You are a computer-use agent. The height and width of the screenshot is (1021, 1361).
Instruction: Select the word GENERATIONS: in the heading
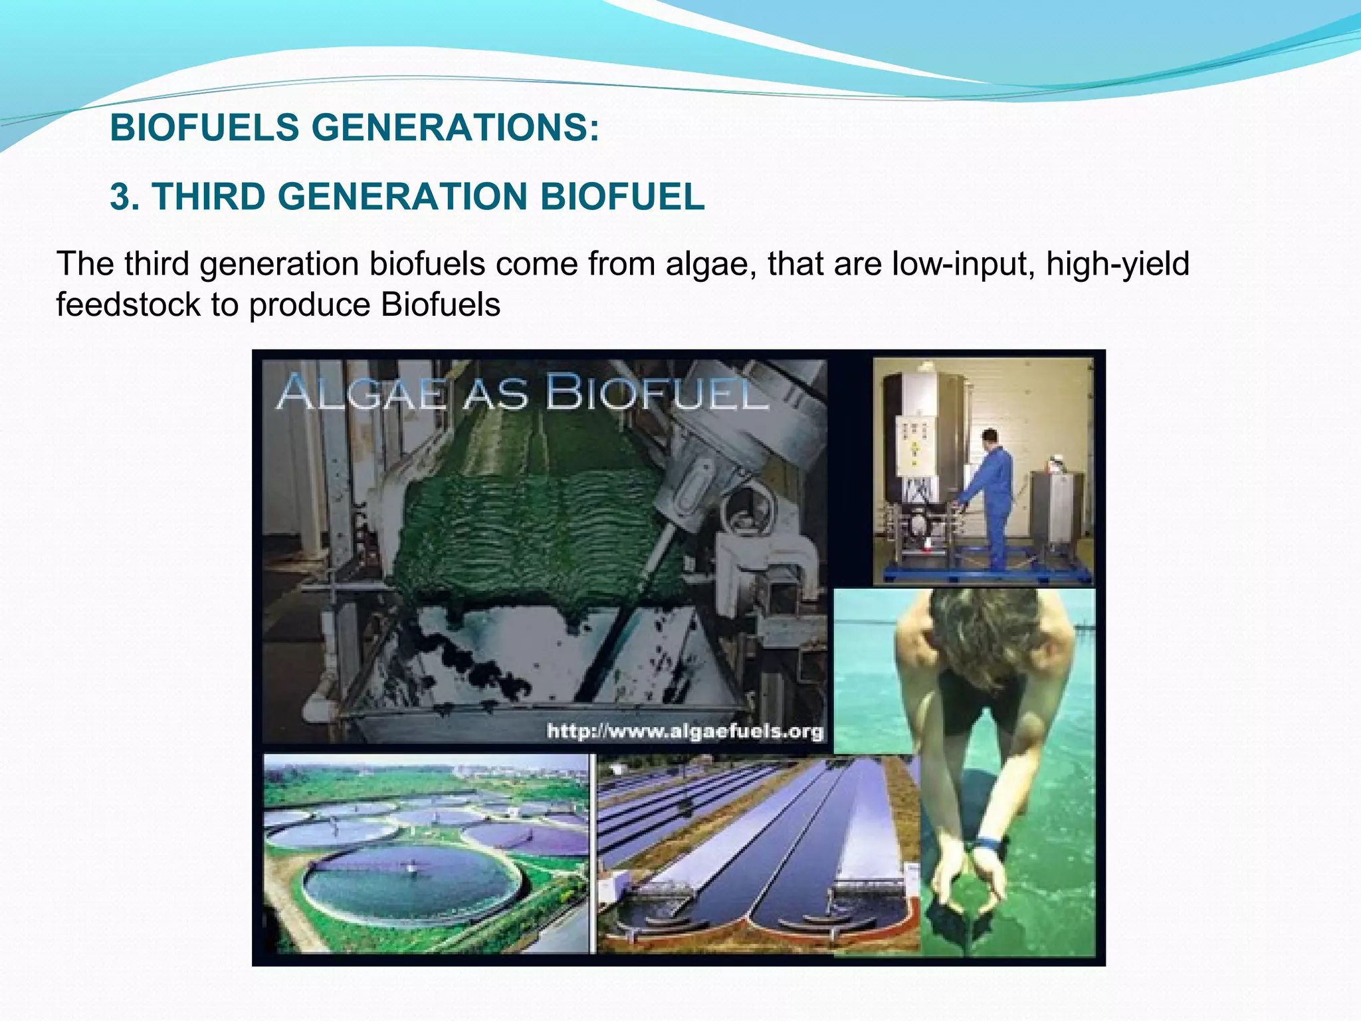click(x=455, y=128)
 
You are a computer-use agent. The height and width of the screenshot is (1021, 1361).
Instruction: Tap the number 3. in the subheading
click(x=125, y=197)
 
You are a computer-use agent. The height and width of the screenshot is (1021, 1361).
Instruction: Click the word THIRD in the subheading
click(x=207, y=197)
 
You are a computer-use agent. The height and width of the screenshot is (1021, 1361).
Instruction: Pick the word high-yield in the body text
click(x=1118, y=265)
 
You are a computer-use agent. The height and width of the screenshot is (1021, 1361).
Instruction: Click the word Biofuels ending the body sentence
click(x=441, y=305)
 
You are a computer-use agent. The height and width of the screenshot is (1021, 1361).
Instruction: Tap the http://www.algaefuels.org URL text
click(x=684, y=732)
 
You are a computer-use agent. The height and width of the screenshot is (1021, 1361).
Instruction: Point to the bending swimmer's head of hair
click(x=984, y=638)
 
